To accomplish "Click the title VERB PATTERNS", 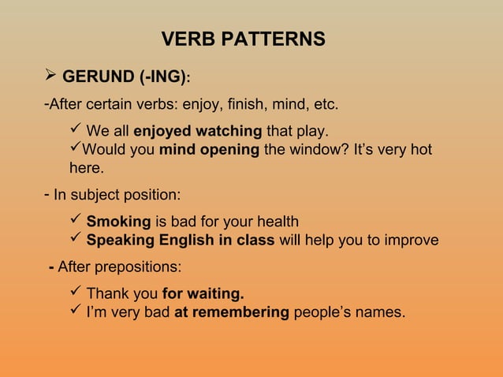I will click(243, 39).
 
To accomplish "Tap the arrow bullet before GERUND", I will click(50, 77).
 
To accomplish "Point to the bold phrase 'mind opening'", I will click(209, 149).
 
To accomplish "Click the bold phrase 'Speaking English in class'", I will click(180, 241).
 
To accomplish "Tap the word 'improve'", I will click(410, 241).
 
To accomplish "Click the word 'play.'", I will click(313, 130).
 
